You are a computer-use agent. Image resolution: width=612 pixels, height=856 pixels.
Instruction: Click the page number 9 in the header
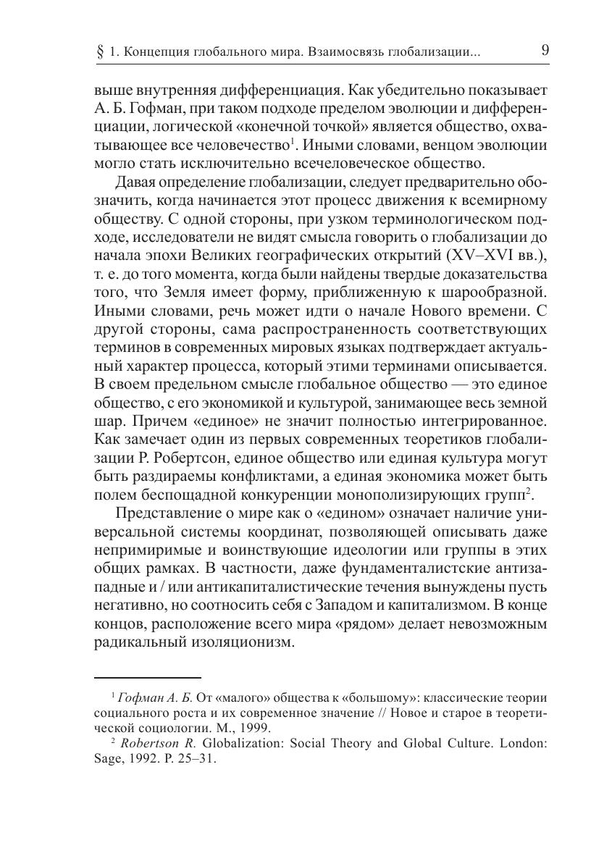pos(544,51)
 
